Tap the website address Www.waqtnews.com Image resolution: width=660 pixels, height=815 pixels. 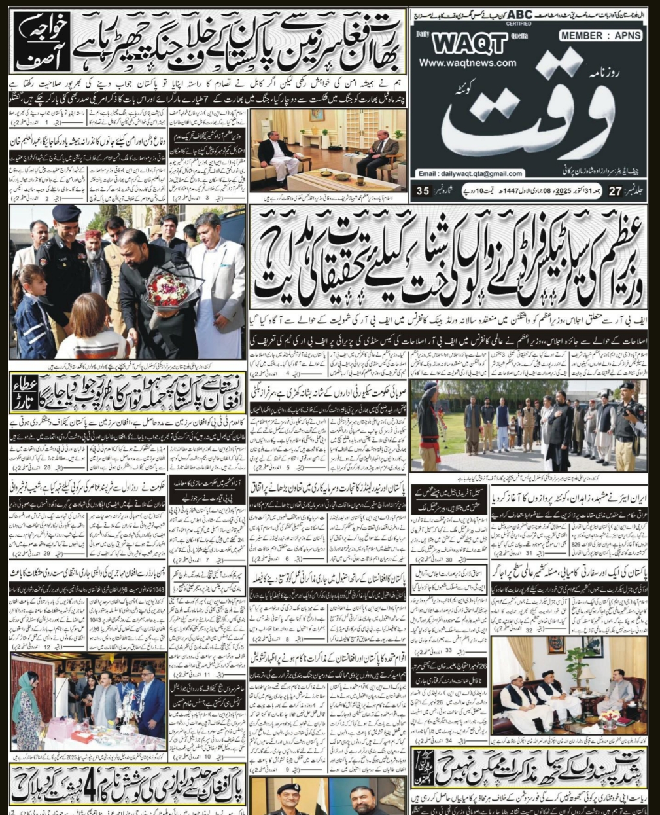point(468,63)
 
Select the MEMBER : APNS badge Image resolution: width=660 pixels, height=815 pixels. point(600,37)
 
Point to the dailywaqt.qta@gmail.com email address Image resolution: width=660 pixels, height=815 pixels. point(470,174)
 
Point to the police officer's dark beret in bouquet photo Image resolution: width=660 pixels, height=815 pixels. point(67,213)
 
